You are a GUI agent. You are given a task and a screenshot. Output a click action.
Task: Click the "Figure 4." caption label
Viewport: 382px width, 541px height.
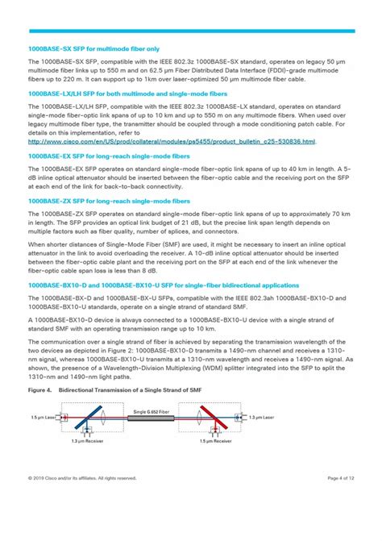pos(40,388)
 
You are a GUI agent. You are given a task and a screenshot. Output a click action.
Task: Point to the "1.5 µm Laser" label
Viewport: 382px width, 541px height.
pos(43,418)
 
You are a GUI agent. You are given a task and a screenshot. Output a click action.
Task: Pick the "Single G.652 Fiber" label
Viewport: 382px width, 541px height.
pos(151,411)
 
